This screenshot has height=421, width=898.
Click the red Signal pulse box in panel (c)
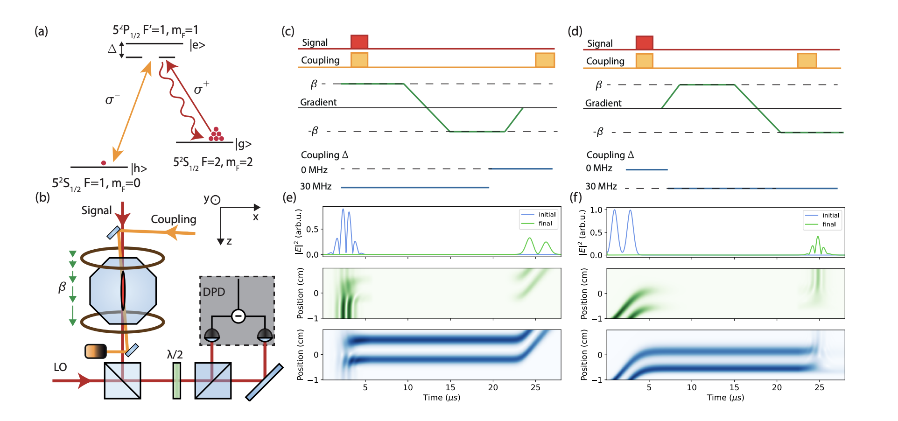[x=359, y=42]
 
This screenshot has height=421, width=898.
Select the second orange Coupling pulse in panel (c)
[x=545, y=60]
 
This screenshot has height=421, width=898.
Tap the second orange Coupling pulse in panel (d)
[x=807, y=61]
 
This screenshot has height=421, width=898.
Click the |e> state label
[x=197, y=45]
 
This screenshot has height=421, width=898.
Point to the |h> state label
[x=139, y=168]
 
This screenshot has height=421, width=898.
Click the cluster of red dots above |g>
[x=216, y=134]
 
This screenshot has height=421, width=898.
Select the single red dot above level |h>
[x=104, y=163]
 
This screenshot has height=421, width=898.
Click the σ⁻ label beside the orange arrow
[x=112, y=99]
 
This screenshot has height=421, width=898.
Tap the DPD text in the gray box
[x=214, y=292]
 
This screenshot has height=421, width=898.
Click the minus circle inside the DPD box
[x=238, y=316]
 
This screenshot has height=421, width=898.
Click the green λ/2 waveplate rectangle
[x=176, y=381]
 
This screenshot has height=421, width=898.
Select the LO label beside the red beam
[x=60, y=367]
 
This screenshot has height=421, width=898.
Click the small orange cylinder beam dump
[x=96, y=351]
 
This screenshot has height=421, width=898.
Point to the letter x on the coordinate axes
[x=256, y=218]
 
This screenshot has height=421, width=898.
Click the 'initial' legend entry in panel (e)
[x=547, y=215]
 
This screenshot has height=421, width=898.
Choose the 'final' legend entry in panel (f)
[x=829, y=225]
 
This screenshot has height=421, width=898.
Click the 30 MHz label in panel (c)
[x=316, y=187]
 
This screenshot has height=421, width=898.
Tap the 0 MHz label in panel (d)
[x=599, y=168]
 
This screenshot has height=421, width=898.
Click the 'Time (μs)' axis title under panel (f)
[x=725, y=398]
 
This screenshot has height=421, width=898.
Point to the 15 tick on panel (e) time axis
[x=450, y=387]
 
